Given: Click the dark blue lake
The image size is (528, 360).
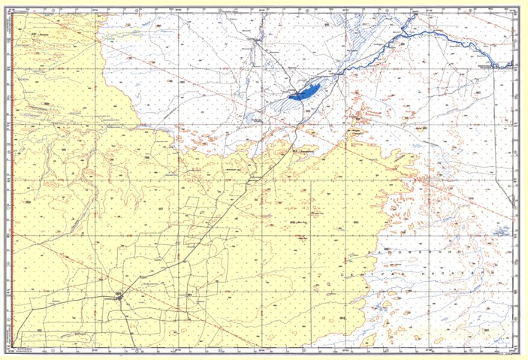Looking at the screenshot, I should [303, 92].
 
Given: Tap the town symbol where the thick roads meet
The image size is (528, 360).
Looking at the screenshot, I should [119, 298].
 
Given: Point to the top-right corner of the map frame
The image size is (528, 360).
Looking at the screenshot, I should [518, 8].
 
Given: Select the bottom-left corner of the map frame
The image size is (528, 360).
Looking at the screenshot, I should [15, 349].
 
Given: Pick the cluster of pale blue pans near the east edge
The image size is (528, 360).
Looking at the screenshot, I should [499, 229].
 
